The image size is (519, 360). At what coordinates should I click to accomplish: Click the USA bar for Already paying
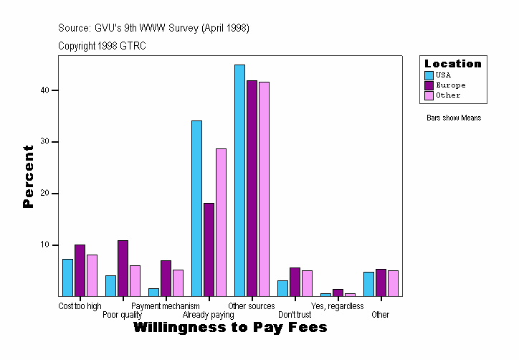196,208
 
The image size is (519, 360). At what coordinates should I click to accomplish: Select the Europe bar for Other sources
252,188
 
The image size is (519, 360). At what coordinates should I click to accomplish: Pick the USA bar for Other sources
239,180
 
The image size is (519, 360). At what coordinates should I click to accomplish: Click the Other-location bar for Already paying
221,222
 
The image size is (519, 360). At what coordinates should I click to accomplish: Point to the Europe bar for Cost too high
80,270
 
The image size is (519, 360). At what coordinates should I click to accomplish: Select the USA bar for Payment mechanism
153,292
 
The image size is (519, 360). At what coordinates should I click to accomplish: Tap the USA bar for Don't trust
282,288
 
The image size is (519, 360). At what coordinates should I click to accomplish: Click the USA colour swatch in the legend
429,75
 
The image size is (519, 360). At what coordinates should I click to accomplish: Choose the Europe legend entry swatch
429,85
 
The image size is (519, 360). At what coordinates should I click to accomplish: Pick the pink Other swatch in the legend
429,95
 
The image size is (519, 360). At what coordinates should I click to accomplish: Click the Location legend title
453,64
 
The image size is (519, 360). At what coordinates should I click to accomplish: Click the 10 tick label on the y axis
44,245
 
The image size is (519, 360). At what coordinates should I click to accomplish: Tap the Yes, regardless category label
337,306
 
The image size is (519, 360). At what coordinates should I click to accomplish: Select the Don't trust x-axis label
295,315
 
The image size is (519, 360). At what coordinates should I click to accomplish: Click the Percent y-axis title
28,176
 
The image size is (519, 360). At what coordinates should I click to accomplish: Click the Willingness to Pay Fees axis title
230,328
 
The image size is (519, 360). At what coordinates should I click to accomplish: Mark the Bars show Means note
454,118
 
